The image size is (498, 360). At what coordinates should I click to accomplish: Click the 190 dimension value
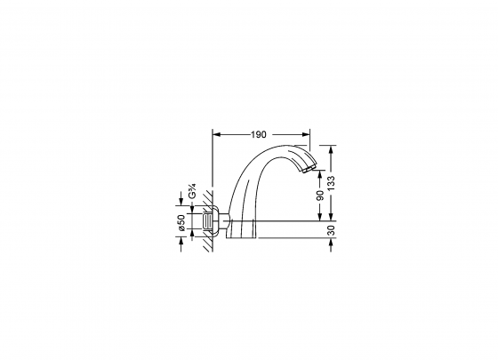(x=258, y=134)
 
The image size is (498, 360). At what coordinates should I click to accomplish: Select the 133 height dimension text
(x=331, y=183)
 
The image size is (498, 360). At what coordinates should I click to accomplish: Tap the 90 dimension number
(x=320, y=196)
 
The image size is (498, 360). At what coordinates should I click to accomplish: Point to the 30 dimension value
(x=331, y=230)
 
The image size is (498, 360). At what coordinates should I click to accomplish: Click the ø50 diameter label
(x=181, y=222)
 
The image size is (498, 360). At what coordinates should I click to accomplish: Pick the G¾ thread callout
(x=192, y=191)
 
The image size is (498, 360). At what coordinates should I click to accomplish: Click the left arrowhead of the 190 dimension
(x=216, y=134)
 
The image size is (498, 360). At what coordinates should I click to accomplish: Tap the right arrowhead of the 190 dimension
(x=306, y=134)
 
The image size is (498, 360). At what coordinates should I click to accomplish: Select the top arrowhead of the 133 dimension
(x=331, y=149)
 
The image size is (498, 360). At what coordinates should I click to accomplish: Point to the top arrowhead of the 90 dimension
(x=320, y=174)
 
